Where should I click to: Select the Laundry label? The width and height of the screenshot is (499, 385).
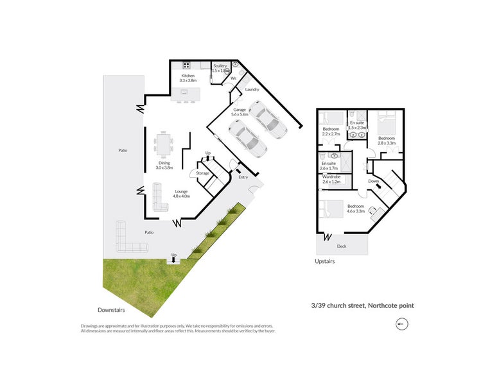point(252,90)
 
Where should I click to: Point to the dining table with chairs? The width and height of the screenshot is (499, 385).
point(164,144)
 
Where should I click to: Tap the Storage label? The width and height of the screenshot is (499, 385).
point(203,173)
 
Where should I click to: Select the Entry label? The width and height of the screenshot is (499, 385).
point(243,178)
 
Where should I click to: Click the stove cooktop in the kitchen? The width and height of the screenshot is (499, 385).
point(187,65)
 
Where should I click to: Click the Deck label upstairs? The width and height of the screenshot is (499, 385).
point(342,246)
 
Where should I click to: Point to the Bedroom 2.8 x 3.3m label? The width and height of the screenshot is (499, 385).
point(387,141)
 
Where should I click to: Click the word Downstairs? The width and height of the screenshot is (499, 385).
point(111,311)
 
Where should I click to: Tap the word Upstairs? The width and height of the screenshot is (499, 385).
point(324,261)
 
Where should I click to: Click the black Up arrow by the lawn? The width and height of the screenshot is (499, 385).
point(173,260)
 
